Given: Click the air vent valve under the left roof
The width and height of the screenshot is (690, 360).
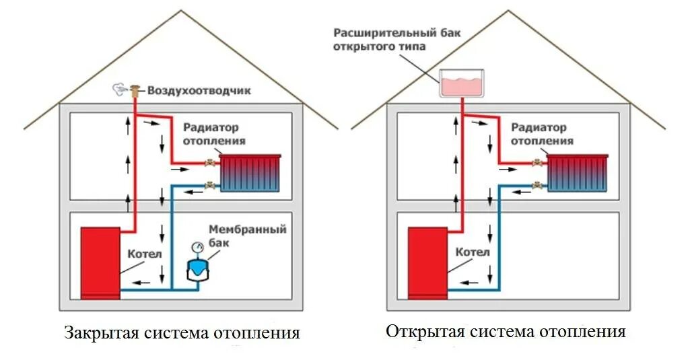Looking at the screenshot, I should [x=135, y=89].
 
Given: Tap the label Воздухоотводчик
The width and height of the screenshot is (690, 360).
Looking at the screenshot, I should [x=199, y=90].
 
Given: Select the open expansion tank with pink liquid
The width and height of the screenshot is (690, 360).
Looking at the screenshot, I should [x=462, y=84].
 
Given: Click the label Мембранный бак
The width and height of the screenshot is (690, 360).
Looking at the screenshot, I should [x=247, y=236].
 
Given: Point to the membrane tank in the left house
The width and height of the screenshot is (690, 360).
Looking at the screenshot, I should [x=197, y=267].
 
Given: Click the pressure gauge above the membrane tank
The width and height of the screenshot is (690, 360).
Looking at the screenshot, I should [x=197, y=246].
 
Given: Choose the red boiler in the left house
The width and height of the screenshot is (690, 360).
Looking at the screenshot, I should [x=100, y=262].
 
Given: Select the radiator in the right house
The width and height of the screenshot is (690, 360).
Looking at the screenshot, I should [x=578, y=173].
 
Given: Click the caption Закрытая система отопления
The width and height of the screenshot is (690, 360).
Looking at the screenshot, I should [x=182, y=333].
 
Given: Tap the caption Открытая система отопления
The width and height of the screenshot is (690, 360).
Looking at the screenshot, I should [x=506, y=332].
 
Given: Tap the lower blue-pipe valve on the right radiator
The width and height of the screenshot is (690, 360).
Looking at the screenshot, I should [x=539, y=184].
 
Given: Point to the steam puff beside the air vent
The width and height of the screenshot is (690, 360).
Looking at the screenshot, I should [x=118, y=88].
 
